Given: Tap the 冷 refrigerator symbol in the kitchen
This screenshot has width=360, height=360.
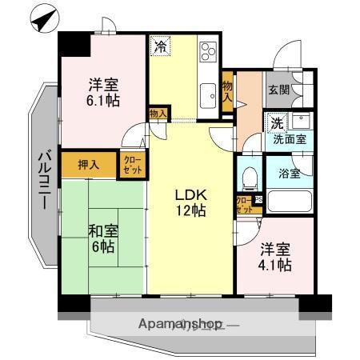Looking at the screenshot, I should (160, 46).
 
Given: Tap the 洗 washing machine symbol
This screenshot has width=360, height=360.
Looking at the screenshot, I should (275, 123).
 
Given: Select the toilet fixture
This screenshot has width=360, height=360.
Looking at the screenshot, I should (248, 175).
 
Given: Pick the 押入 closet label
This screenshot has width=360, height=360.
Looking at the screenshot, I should (89, 165).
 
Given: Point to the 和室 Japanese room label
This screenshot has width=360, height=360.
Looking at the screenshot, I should (102, 231).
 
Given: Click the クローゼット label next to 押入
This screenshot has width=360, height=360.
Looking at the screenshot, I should (130, 165).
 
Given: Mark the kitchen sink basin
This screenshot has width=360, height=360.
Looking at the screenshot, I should (207, 90).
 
